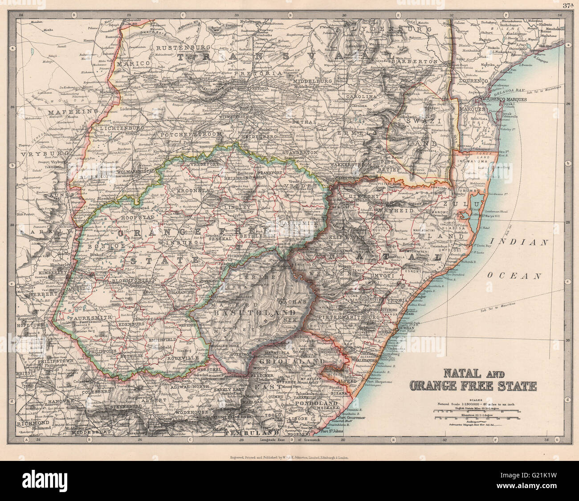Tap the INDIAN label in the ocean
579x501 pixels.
click(528, 243)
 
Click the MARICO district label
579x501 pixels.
click(132, 64)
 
